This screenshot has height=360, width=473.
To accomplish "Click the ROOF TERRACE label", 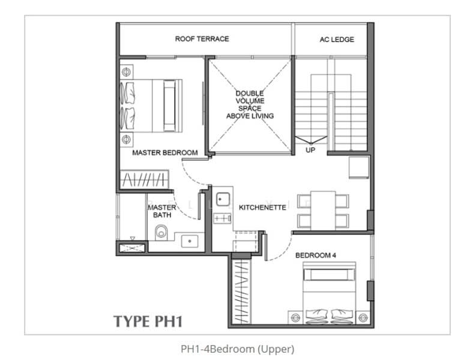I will click(202, 39).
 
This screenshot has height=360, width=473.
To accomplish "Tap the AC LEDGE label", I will click(336, 40).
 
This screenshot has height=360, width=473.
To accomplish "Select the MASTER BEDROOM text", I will click(164, 153).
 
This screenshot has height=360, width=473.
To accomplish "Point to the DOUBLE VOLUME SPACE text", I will click(249, 104).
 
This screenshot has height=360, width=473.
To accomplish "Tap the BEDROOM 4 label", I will click(316, 255).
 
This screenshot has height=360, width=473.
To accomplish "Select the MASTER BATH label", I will click(162, 211).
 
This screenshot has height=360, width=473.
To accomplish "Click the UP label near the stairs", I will click(310, 149).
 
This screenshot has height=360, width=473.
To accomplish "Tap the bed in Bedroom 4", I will click(330, 294).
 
